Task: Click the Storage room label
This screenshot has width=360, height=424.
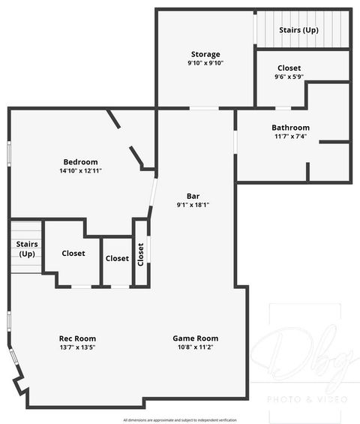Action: pos(205,54)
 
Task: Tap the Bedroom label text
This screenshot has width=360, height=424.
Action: pos(80,162)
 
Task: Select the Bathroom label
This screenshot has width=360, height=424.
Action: pos(290,128)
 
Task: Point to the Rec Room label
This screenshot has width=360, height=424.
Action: pos(77,338)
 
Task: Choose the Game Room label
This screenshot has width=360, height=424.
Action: pos(195,338)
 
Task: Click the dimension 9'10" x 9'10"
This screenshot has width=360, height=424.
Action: pos(205,63)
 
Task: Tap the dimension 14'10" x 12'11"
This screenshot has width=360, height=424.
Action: pos(80,171)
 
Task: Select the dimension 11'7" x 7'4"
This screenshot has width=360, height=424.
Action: pos(290,137)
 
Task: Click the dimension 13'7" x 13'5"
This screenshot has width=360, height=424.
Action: pos(77,347)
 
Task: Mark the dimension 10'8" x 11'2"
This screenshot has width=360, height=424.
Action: pos(195,347)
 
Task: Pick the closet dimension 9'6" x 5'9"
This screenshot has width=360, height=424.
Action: pos(289,77)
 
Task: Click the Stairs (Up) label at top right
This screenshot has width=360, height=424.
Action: pos(298,30)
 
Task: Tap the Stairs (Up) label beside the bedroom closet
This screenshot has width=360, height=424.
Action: pos(27,249)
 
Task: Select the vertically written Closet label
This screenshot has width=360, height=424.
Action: pos(140,254)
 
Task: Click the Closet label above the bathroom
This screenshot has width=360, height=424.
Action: pos(289,68)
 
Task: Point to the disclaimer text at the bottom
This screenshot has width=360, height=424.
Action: pos(180,419)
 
